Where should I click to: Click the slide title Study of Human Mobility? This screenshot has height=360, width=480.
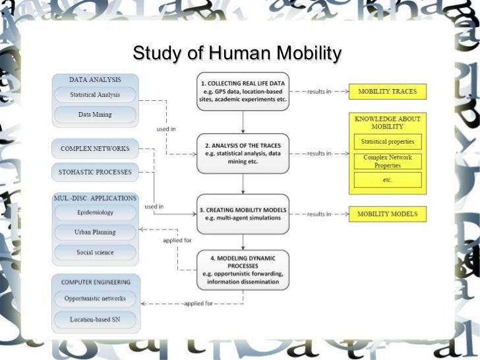237,53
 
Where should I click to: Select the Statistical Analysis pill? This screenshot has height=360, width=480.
96,95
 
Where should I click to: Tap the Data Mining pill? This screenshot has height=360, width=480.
96,115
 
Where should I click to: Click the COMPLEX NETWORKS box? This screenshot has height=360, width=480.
95,148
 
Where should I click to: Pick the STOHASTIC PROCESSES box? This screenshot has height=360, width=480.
95,173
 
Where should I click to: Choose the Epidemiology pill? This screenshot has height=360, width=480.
95,213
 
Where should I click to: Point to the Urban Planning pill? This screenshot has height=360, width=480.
95,232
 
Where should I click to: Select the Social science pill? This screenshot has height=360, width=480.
95,252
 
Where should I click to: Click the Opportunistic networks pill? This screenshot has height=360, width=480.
95,299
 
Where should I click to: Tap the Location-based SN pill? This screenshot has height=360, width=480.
95,319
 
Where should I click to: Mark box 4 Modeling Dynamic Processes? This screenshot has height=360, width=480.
243,270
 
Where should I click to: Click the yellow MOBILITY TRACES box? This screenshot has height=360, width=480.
388,91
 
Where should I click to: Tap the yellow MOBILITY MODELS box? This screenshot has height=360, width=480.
388,214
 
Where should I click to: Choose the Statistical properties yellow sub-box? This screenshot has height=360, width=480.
388,141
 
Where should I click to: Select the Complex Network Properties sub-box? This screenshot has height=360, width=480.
388,161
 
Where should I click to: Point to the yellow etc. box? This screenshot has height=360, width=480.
388,180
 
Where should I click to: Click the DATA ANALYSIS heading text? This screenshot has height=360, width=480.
95,79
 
